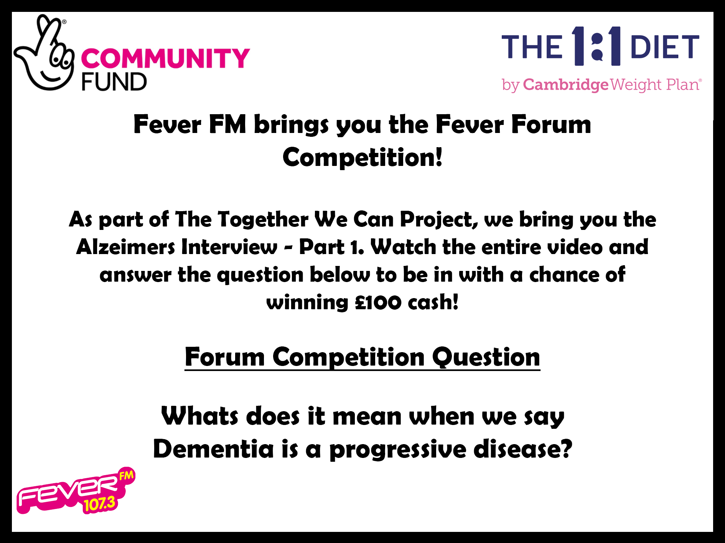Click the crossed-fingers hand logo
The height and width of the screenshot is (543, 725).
click(x=44, y=54)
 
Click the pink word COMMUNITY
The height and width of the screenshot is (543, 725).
click(x=165, y=59)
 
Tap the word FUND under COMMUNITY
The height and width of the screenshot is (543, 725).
click(x=114, y=81)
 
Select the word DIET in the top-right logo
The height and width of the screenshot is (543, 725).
click(x=664, y=47)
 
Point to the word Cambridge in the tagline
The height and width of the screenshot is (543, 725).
click(x=565, y=85)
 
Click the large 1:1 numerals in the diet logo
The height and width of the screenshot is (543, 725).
click(x=596, y=46)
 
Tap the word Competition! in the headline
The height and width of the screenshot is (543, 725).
click(x=362, y=157)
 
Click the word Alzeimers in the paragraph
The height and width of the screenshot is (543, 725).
click(x=125, y=247)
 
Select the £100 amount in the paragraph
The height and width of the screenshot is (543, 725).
click(x=378, y=302)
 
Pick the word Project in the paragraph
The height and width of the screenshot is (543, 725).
click(x=438, y=220)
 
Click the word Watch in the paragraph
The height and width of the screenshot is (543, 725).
click(x=403, y=247)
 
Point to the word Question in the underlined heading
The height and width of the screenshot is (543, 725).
click(x=486, y=357)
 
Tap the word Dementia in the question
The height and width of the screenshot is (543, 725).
click(x=213, y=449)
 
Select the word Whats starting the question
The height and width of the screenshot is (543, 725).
click(x=199, y=416)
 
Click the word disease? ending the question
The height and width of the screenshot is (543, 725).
click(x=523, y=449)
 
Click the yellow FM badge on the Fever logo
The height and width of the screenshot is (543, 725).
click(x=126, y=476)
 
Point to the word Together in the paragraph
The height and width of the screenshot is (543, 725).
click(x=263, y=220)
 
